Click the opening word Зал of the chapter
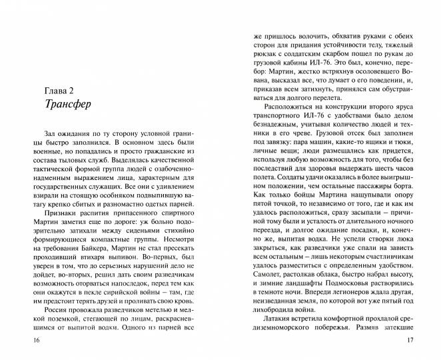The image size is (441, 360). pos(49,134)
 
